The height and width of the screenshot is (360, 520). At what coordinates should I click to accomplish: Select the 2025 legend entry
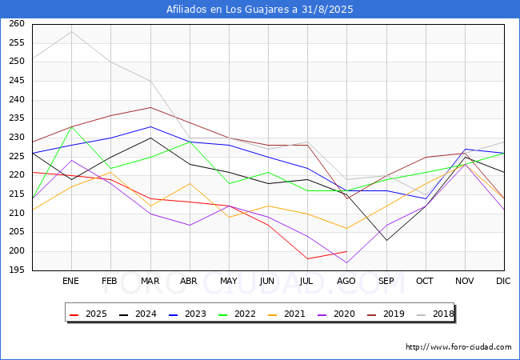coord(88,314)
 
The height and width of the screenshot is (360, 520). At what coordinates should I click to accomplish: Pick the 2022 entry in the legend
coord(237,314)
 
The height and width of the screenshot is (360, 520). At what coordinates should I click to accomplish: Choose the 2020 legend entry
coord(336,314)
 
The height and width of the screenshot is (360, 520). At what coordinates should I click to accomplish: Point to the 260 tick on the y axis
coord(17,23)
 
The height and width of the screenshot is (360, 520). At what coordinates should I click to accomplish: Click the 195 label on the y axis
coord(17,270)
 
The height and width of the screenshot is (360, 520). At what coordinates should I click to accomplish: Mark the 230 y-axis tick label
coord(17,138)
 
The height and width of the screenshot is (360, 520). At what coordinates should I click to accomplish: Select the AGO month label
coord(346,281)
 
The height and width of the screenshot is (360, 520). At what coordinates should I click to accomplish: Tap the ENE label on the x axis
coord(70,281)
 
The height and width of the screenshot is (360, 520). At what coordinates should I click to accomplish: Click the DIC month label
coord(503,281)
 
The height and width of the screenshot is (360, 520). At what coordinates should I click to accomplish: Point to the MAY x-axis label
coord(229,281)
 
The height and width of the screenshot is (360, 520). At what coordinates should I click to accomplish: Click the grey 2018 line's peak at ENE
coord(72,32)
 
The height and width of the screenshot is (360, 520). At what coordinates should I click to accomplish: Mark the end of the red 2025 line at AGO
coord(347,252)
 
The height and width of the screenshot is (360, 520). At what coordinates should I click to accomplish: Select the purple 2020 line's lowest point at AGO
coord(347,263)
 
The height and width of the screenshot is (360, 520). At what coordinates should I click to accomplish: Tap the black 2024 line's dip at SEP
coord(386,240)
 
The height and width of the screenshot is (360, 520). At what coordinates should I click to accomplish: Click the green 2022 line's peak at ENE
coord(72,126)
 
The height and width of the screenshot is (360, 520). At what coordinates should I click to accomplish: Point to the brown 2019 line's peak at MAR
coord(150,107)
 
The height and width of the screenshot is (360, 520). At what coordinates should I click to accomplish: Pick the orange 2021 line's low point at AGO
coord(347,229)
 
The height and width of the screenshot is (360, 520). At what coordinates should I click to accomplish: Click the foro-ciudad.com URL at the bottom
coord(458,347)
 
